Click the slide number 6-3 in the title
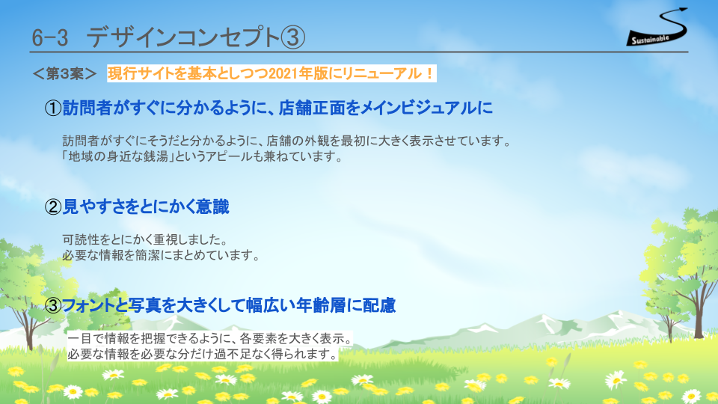click(x=50, y=37)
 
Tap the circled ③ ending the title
click(x=292, y=37)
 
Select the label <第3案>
click(x=64, y=74)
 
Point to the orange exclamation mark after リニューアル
click(x=429, y=73)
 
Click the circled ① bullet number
click(x=53, y=108)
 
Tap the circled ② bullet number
click(x=53, y=207)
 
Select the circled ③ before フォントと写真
click(x=53, y=305)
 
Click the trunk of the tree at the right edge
click(x=699, y=310)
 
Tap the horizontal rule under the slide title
click(x=359, y=52)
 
